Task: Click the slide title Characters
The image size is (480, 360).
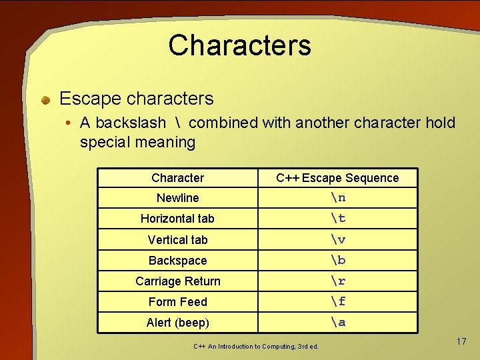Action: click(x=239, y=45)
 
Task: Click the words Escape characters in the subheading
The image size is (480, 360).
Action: click(x=136, y=99)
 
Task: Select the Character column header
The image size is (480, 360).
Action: click(x=177, y=178)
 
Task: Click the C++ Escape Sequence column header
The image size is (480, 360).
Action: click(x=337, y=178)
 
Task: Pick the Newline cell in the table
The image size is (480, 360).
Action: click(x=177, y=198)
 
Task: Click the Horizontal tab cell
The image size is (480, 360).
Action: click(x=177, y=219)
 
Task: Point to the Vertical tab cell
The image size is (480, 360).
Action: click(x=177, y=240)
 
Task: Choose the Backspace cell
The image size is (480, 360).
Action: click(x=177, y=261)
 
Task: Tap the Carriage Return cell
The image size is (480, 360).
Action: click(x=177, y=281)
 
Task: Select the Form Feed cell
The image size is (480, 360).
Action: click(x=177, y=302)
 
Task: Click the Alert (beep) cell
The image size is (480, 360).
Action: click(x=177, y=323)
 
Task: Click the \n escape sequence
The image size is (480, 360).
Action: click(x=338, y=197)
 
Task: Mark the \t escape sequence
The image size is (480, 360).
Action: click(x=338, y=218)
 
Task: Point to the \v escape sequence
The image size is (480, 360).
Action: click(x=338, y=239)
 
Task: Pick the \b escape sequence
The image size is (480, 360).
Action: click(x=338, y=260)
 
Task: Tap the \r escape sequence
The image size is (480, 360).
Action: click(x=338, y=281)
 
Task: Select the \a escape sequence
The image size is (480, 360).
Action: click(x=338, y=322)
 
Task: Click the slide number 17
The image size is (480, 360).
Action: click(x=461, y=341)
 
